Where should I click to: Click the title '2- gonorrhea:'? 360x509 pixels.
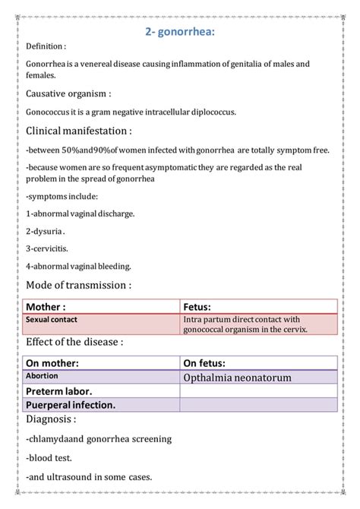click(180, 31)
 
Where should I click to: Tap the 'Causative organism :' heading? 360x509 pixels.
click(69, 94)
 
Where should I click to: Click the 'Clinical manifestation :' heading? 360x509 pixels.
click(79, 131)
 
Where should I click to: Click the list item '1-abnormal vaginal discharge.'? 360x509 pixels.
click(80, 213)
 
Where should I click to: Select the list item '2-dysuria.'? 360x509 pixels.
click(46, 231)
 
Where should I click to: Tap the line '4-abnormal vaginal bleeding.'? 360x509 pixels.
click(78, 266)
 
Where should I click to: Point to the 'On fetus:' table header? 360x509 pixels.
click(210, 363)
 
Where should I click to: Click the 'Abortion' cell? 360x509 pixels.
click(41, 376)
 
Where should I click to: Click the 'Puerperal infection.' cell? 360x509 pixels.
click(71, 404)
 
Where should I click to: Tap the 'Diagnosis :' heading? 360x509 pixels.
click(51, 419)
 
